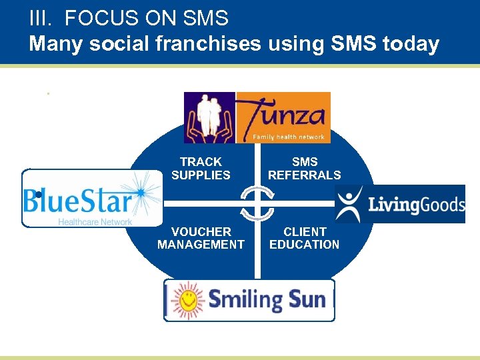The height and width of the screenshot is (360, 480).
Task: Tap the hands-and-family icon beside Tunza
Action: point(209,117)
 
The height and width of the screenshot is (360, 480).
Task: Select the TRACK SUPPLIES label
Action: point(201,169)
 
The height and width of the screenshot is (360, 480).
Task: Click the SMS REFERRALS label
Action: point(304,169)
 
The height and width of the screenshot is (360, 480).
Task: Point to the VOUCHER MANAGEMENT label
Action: point(201,238)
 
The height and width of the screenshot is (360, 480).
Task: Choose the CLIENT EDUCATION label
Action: point(304,238)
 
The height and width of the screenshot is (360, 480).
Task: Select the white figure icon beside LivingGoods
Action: point(349,203)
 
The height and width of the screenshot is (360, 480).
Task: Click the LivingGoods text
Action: point(416,203)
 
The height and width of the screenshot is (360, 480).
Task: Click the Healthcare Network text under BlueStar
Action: point(95,221)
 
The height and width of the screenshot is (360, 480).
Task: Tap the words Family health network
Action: point(289,137)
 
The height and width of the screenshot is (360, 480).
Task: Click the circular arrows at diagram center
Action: point(257,203)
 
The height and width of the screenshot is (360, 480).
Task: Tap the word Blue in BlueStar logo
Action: point(48,200)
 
